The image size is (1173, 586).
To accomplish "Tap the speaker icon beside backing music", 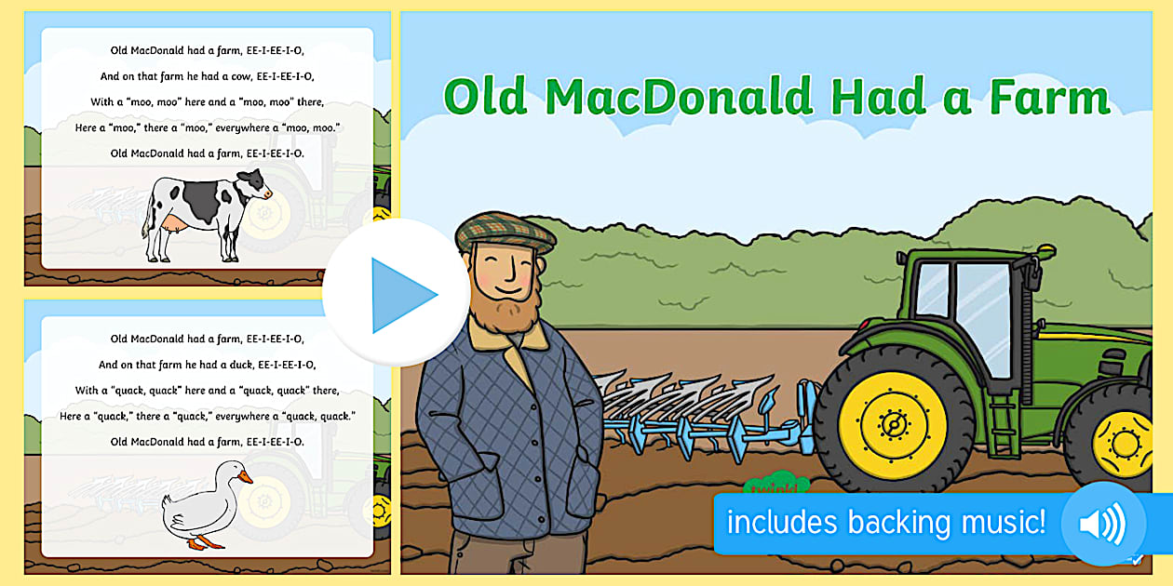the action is tap(1103, 523).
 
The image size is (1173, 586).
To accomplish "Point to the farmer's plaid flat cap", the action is tap(505, 233).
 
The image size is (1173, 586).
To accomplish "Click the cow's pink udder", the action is tap(174, 225).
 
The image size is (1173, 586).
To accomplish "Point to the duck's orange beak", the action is tap(245, 477).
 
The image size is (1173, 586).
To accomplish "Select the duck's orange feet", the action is tap(205, 542).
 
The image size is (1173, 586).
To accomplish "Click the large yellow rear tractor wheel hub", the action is tap(892, 425).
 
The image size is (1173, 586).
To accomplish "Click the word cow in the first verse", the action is tap(241, 76).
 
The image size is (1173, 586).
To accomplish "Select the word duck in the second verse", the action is tap(241, 365).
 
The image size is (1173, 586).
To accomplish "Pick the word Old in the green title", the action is tap(485, 97).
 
